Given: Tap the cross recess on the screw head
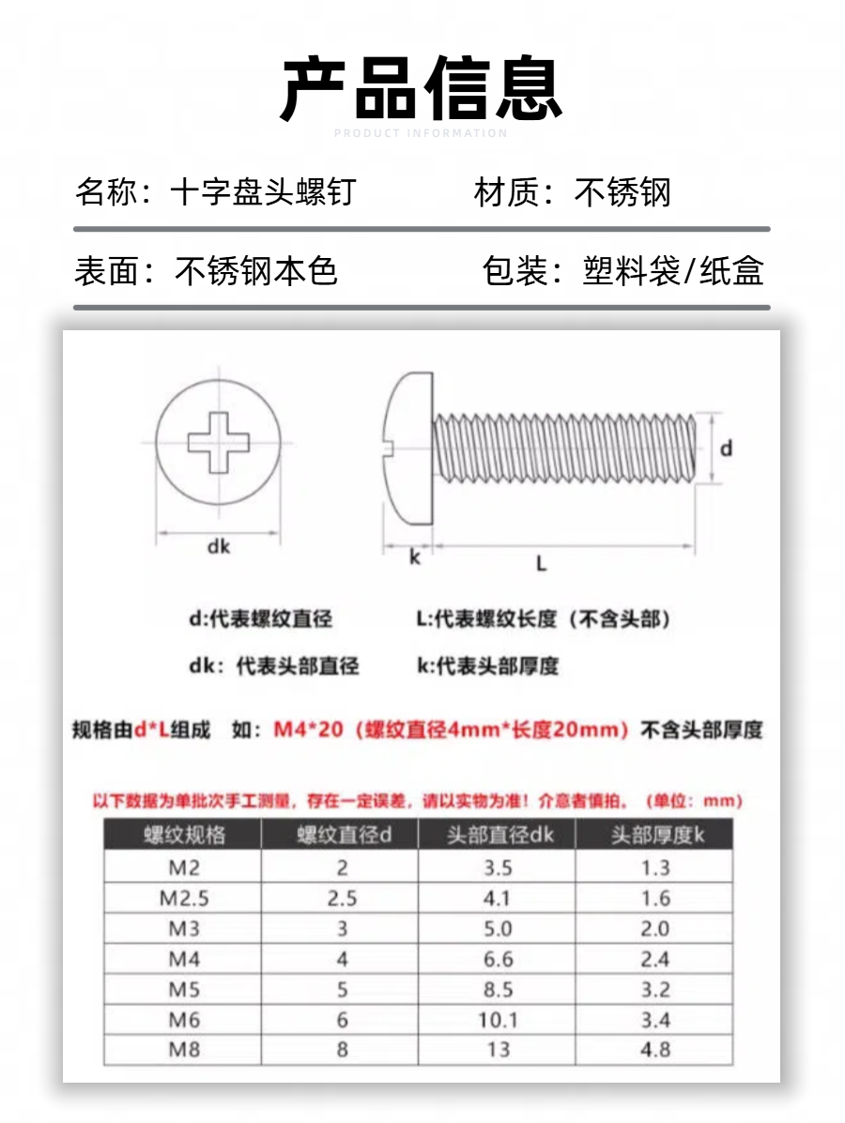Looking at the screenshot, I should (219, 440).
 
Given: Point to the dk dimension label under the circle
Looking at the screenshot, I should (219, 547).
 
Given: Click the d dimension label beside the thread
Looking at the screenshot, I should (726, 448).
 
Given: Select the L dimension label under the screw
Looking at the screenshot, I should (541, 563).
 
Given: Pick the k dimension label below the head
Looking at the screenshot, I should (415, 557).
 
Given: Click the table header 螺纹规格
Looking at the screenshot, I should (184, 835).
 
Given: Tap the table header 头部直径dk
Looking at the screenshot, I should (499, 835).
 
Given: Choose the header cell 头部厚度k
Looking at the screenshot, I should (656, 835).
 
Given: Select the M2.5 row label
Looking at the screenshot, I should (184, 898).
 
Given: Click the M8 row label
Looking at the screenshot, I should (184, 1049).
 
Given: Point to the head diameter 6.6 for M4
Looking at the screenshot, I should (498, 959).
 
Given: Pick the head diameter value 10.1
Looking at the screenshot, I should (498, 1020).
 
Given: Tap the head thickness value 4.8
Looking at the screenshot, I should (655, 1049).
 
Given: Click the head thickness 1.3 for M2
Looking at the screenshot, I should (655, 868).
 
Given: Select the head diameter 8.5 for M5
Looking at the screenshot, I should (498, 989).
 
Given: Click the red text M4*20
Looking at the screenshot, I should (308, 730).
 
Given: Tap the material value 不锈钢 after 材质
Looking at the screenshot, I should (622, 193).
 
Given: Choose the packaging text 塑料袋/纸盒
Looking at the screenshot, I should (672, 271).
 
